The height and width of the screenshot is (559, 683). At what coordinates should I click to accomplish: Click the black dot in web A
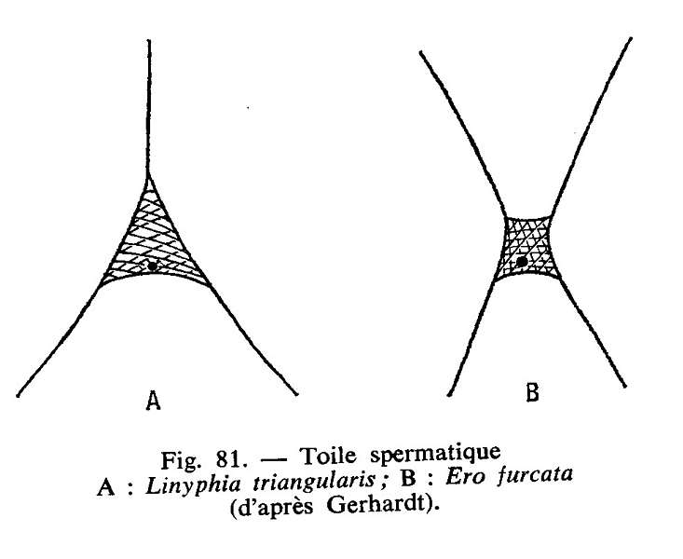[152, 266]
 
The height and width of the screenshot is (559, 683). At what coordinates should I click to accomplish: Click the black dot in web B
[522, 263]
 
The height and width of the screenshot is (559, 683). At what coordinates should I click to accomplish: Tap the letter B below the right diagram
[532, 393]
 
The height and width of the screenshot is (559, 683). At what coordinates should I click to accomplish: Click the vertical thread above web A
[148, 102]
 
